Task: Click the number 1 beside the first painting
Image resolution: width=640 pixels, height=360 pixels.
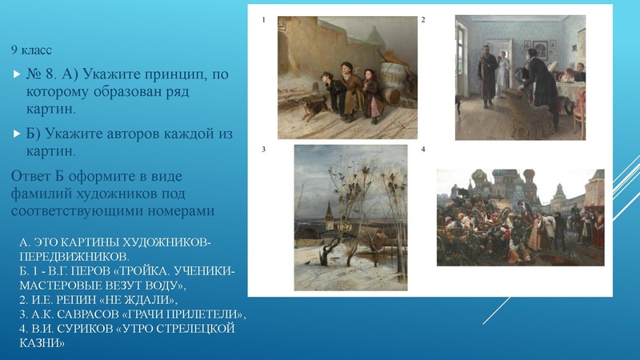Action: pos(262,19)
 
